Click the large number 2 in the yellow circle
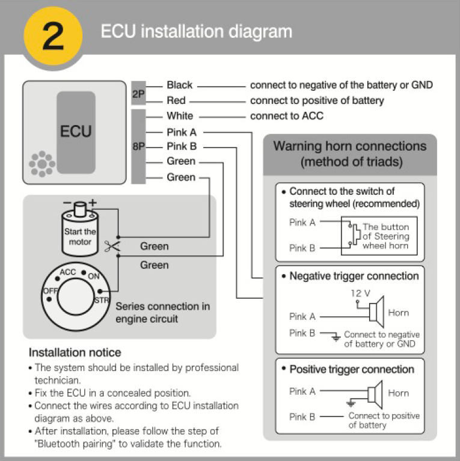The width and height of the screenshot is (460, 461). tap(53, 36)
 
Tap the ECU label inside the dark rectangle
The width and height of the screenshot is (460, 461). tap(76, 130)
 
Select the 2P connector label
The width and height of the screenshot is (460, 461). tap(138, 94)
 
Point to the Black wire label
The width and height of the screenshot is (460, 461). tap(179, 85)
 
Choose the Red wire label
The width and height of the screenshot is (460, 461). tap(176, 101)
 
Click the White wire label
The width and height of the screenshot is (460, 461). tap(180, 116)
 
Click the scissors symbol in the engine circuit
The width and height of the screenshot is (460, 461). tap(111, 245)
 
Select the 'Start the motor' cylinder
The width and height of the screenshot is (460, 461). tap(80, 227)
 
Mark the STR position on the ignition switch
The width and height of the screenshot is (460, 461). tap(102, 298)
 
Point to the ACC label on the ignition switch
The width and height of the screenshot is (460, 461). tap(67, 272)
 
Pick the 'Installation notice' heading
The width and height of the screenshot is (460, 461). tap(75, 352)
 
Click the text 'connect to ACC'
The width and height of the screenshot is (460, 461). tap(287, 116)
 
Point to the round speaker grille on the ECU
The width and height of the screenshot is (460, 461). tap(42, 163)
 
